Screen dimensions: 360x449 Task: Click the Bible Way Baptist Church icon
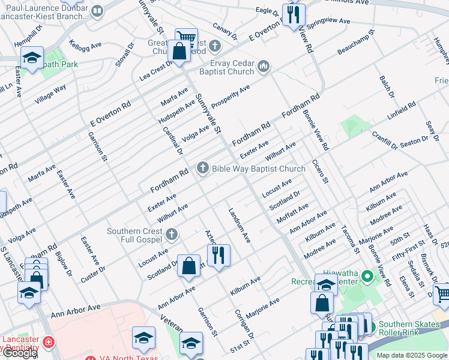[203, 168]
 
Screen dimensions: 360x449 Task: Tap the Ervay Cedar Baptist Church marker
[263, 66]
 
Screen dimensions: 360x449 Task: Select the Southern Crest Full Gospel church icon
[172, 234]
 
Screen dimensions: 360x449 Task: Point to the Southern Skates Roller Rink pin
[369, 327]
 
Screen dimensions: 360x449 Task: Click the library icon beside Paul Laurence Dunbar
[97, 10]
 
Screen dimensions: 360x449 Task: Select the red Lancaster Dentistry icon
[48, 343]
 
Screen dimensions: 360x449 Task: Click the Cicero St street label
[321, 172]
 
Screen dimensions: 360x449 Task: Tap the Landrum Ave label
[238, 225]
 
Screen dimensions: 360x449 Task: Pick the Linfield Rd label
[402, 113]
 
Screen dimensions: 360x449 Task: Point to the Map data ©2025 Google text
[411, 355]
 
